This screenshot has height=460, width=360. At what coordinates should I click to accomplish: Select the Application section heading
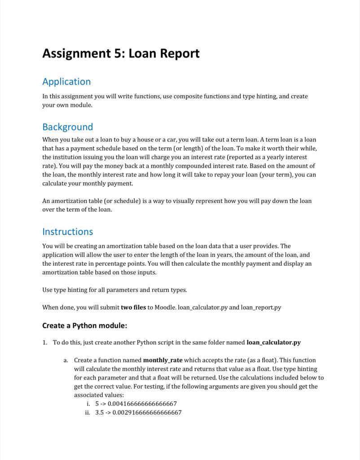point(66,82)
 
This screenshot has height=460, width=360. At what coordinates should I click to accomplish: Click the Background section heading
point(67,127)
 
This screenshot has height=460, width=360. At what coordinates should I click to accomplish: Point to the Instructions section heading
point(67,232)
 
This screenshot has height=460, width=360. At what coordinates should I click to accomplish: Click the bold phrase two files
point(133,307)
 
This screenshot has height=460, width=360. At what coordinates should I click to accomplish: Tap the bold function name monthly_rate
point(162,360)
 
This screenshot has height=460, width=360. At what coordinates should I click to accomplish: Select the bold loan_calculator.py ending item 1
point(273,342)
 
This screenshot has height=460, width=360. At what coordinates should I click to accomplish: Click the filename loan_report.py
point(261,307)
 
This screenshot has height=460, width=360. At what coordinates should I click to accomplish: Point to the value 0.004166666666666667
point(142,403)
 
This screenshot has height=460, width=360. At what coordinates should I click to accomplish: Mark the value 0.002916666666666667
point(147,412)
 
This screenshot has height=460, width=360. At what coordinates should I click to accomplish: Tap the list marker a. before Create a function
point(66,360)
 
